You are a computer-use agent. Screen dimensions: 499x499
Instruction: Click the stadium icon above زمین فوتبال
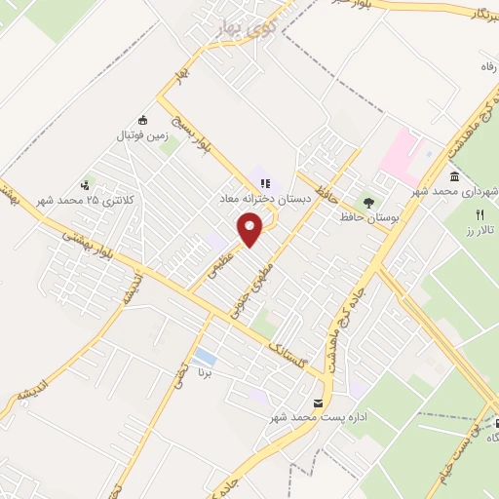pos(143,120)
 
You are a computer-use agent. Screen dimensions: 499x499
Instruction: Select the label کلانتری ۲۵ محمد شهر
pos(80,199)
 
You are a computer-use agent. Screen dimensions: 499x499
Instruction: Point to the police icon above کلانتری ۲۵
pos(87,182)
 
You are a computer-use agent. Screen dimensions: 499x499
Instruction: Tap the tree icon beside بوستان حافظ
pos(367,202)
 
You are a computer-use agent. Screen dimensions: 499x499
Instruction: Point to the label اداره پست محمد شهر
pos(310,418)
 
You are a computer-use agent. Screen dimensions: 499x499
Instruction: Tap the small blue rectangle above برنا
pos(205,358)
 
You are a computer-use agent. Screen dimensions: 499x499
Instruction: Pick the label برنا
pos(205,373)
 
